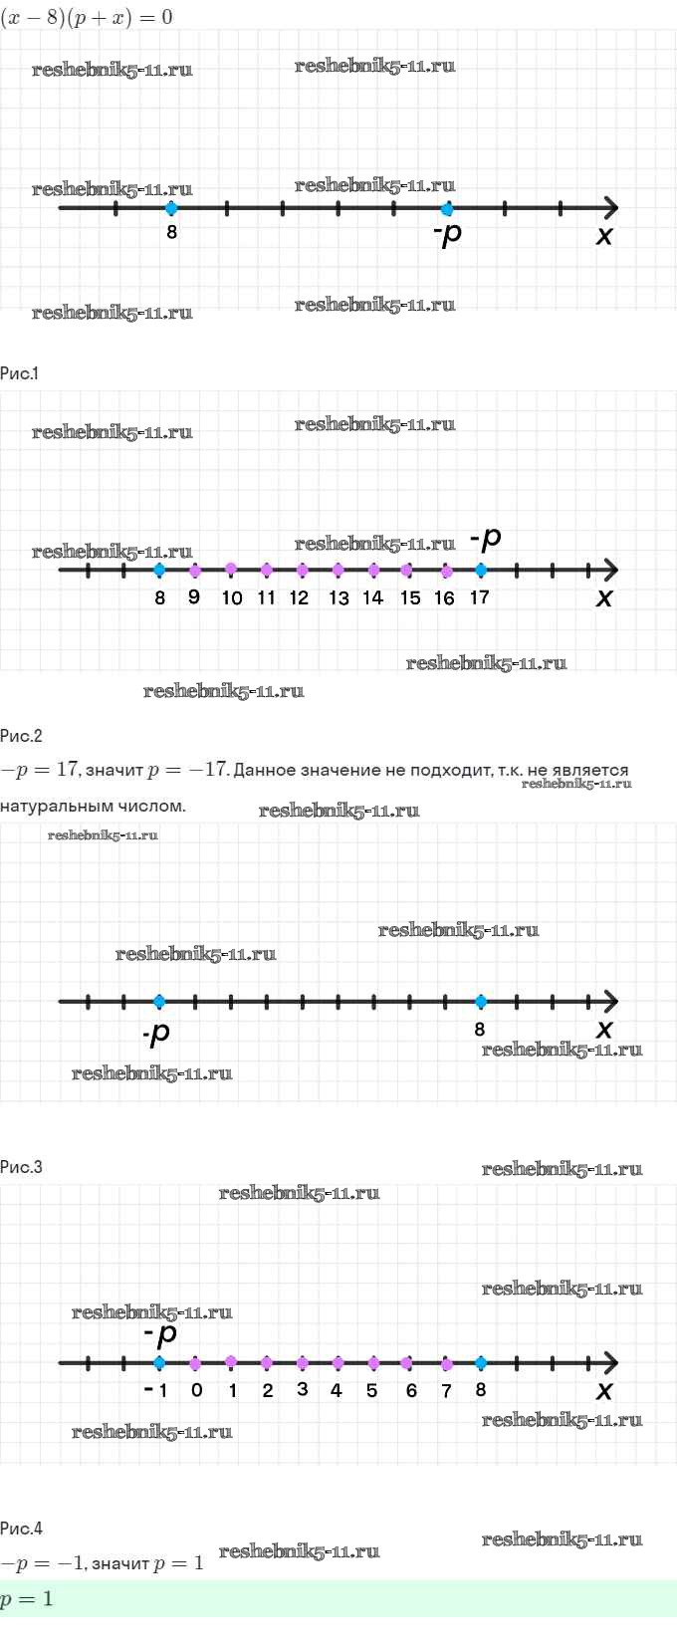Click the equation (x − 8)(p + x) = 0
(87, 17)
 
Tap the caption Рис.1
(19, 373)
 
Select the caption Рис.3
(21, 1167)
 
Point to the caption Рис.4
(21, 1529)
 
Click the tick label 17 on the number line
(479, 597)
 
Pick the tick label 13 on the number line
(338, 597)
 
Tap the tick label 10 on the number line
(231, 597)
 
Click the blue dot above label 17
(481, 571)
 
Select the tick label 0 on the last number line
(196, 1390)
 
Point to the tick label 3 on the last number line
(303, 1389)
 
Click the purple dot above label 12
(302, 571)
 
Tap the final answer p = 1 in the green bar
(27, 1599)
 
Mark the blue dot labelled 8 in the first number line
(171, 208)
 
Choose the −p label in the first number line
(448, 235)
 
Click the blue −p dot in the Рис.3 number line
(159, 1002)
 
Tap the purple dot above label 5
(373, 1363)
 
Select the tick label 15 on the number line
(410, 597)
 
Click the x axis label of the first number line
(604, 236)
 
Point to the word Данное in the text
(264, 770)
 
